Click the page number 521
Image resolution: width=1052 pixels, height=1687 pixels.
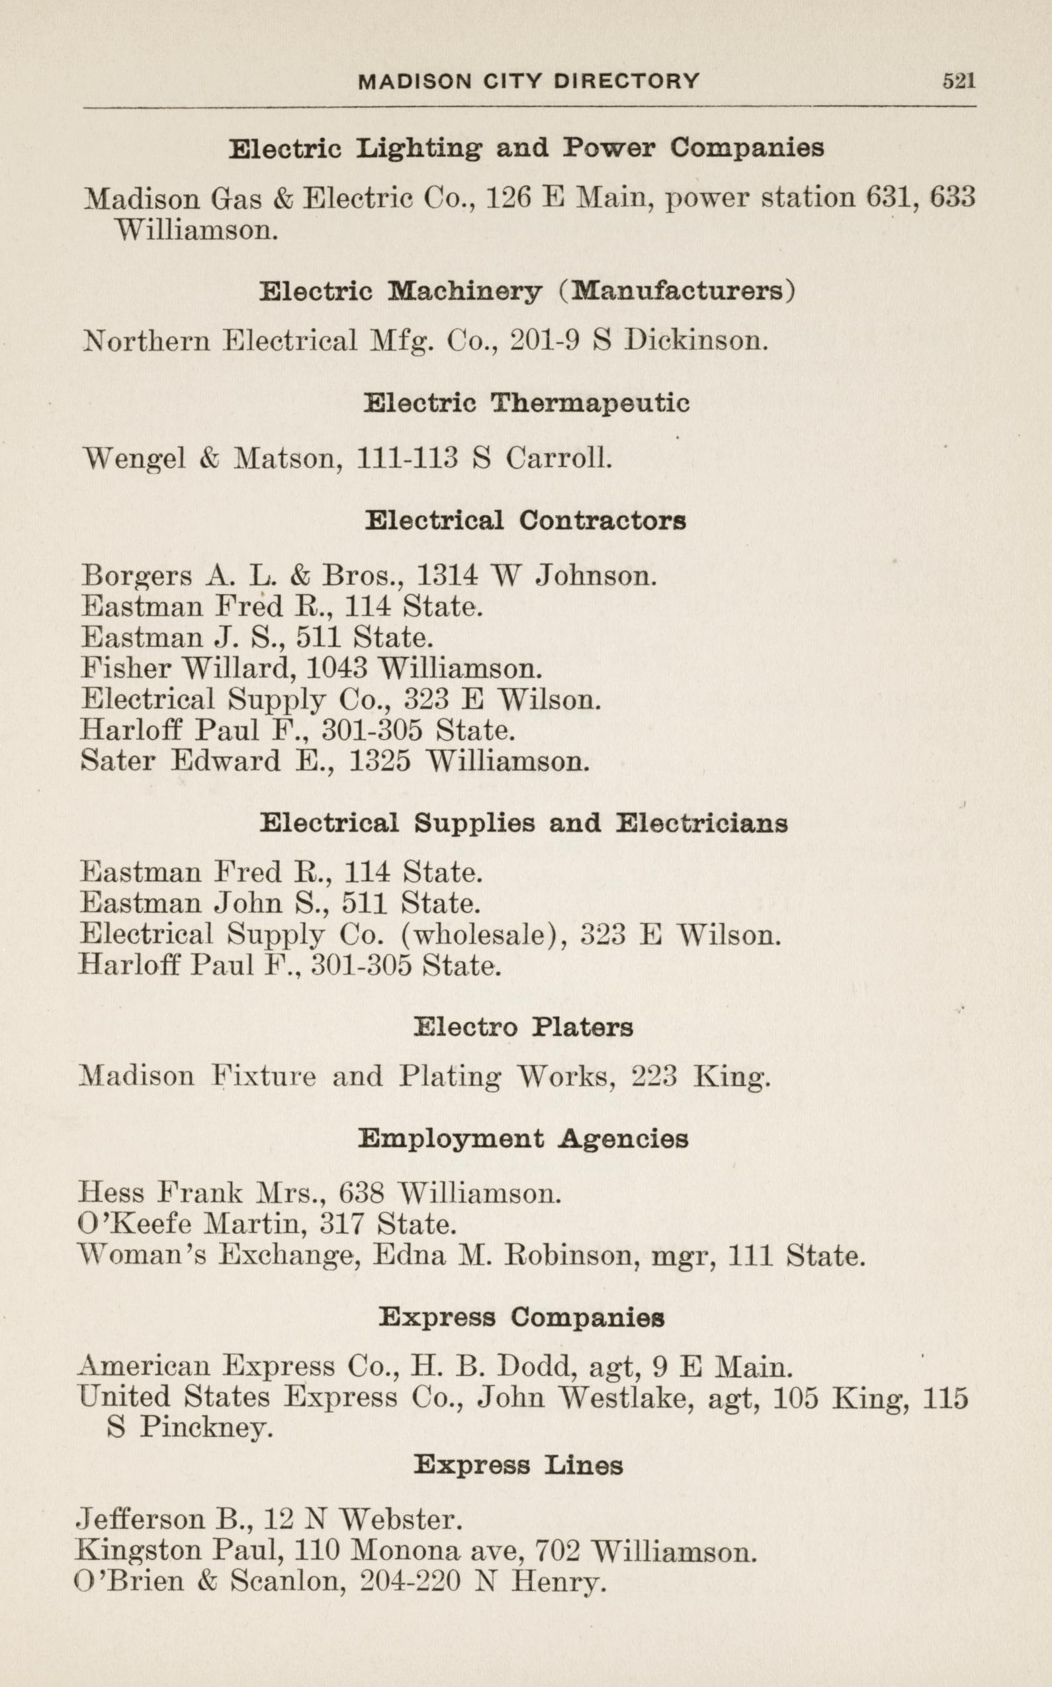tap(959, 81)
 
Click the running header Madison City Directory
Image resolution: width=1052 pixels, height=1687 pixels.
tap(528, 81)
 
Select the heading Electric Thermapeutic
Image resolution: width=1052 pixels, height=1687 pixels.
tap(526, 404)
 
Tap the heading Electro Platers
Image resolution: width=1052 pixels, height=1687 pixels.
tap(523, 1027)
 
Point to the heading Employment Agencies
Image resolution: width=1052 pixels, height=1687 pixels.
tap(523, 1139)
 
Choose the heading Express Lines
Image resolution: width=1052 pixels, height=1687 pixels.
tap(518, 1466)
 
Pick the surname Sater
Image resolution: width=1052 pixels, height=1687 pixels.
tap(118, 760)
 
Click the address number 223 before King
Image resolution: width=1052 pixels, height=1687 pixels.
tap(653, 1076)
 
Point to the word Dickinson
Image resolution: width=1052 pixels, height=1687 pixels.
tap(696, 341)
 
